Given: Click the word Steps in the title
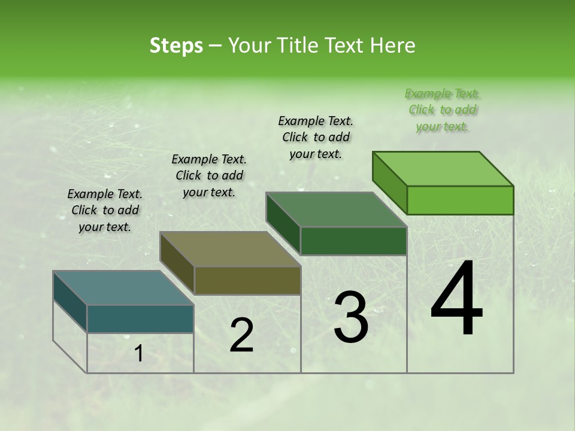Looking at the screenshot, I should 176,45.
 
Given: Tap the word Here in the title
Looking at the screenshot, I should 392,45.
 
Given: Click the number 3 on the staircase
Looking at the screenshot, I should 351,317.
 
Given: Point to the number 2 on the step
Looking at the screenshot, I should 241,335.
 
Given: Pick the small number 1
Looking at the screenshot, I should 139,354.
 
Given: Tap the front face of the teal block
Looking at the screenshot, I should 140,318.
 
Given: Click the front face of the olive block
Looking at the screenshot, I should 247,280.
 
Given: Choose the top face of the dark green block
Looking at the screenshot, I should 336,210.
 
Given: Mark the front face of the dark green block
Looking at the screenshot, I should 353,241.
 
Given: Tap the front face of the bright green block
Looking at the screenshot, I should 460,200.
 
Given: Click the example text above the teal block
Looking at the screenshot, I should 105,210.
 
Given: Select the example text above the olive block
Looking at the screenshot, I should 209,175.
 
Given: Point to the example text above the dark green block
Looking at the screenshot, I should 316,137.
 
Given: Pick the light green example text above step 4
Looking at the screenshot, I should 443,110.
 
